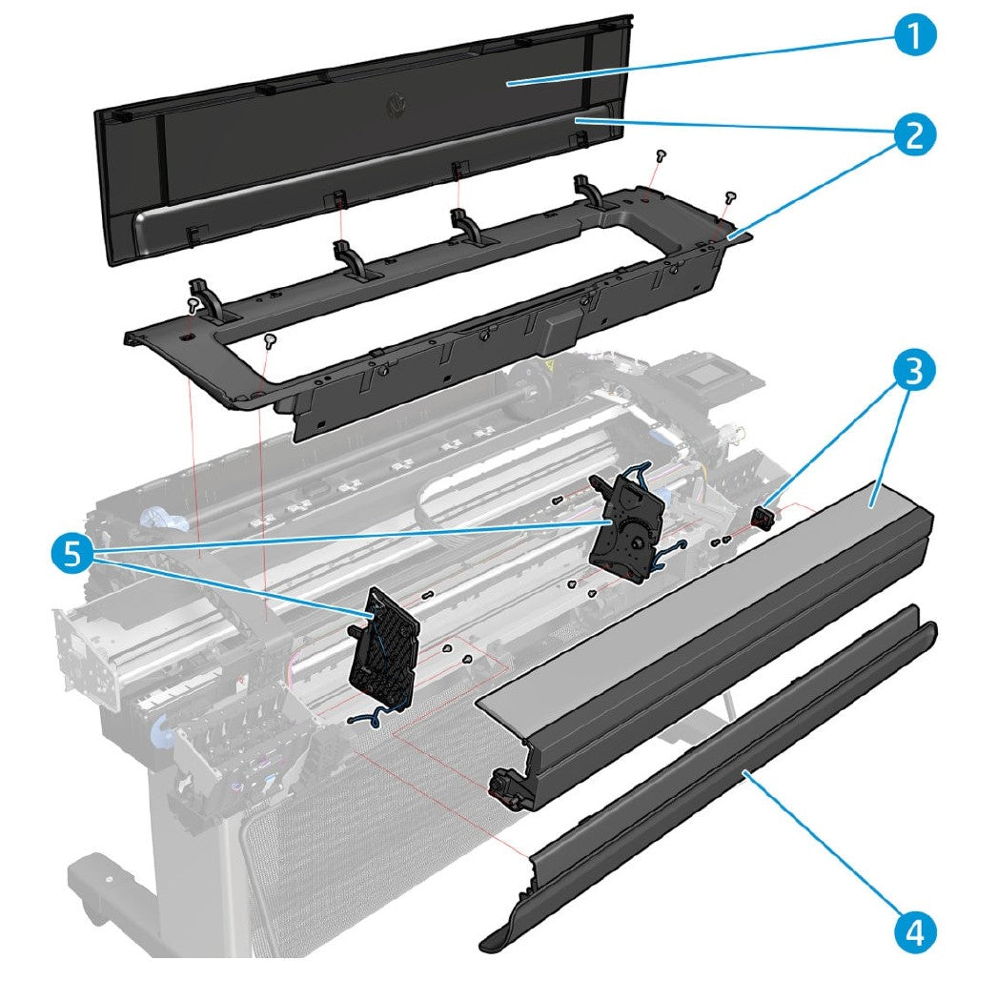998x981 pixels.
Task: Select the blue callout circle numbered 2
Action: pos(912,135)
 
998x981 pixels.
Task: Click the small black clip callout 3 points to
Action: pos(763,518)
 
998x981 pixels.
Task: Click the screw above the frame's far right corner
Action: pos(730,196)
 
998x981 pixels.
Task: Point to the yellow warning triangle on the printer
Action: pos(549,365)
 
